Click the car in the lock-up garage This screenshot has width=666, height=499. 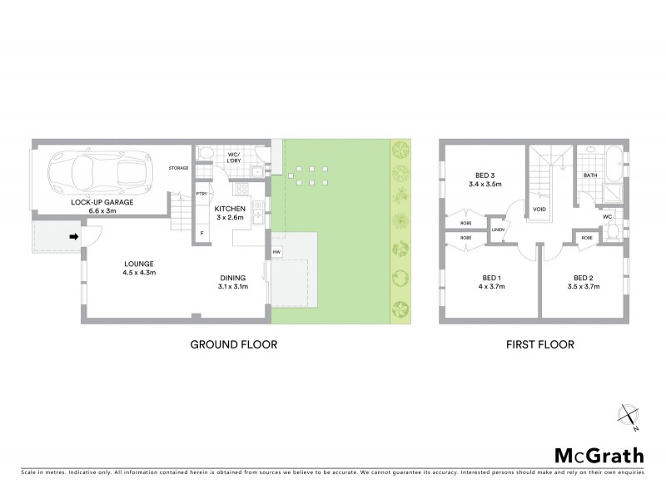tap(99, 173)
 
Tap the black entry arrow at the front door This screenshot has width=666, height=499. tap(74, 237)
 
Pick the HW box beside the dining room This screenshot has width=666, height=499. tap(276, 251)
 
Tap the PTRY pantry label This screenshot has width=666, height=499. tap(201, 194)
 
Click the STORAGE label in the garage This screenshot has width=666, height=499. tap(179, 168)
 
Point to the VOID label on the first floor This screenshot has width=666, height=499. tap(539, 210)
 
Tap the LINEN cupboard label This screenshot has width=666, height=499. tap(498, 230)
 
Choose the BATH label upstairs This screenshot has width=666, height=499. tap(590, 175)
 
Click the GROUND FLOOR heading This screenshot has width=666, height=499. tap(234, 343)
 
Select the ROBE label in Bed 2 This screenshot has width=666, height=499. tap(587, 238)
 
